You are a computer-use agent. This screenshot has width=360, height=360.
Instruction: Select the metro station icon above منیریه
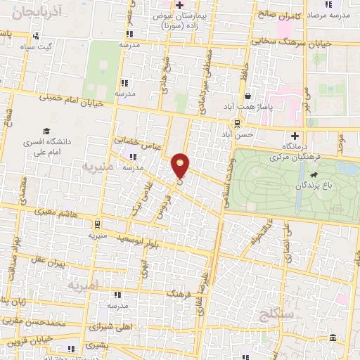tap(96, 224)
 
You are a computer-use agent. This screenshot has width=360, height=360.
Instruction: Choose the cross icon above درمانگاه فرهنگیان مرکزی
tap(295, 135)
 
